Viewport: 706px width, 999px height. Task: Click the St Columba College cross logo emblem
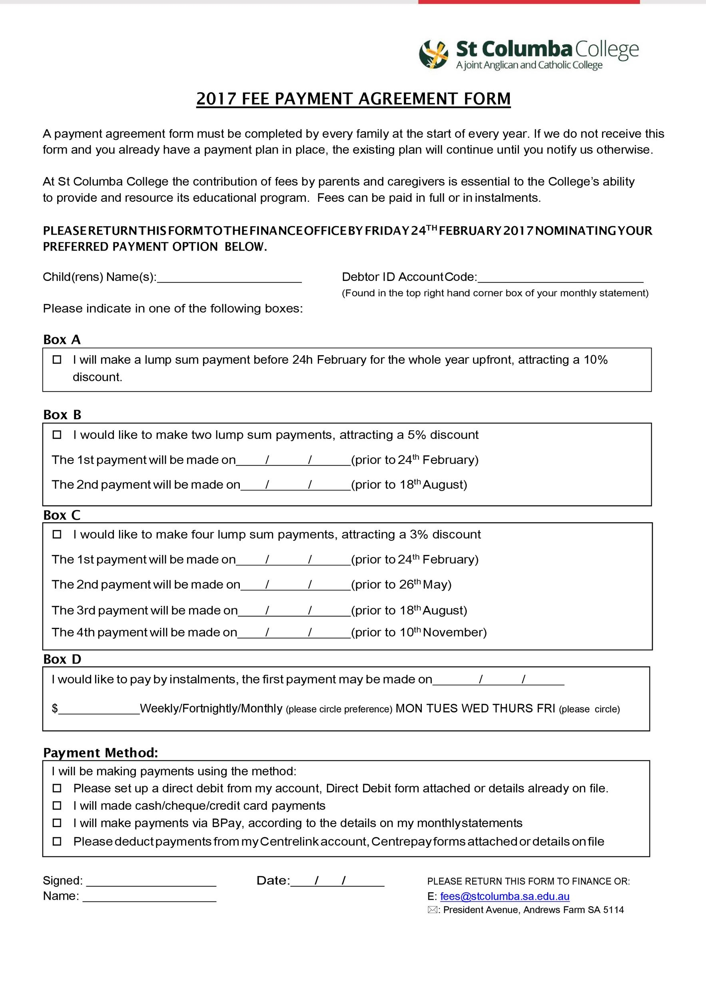[x=433, y=54]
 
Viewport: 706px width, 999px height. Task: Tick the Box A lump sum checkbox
[x=57, y=360]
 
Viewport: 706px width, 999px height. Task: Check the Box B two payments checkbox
[x=57, y=435]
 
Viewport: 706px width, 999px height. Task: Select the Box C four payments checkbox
[x=57, y=534]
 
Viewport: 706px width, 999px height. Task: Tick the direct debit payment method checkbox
[x=57, y=788]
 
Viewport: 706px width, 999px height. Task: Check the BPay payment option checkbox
[x=57, y=823]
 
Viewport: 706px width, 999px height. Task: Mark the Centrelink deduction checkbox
[x=57, y=842]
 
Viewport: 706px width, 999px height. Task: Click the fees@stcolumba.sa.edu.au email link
[x=505, y=896]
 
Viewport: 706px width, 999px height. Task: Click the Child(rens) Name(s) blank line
[x=229, y=279]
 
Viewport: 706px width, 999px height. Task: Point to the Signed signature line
[x=151, y=882]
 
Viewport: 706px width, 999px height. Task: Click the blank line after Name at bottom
[x=149, y=897]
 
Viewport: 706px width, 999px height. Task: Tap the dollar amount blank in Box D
[x=99, y=709]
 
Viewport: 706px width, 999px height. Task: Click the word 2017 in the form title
[x=216, y=99]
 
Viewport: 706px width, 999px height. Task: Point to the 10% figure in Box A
[x=595, y=360]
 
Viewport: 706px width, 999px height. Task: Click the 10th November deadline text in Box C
[x=443, y=632]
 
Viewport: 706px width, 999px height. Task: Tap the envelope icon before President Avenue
[x=432, y=910]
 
